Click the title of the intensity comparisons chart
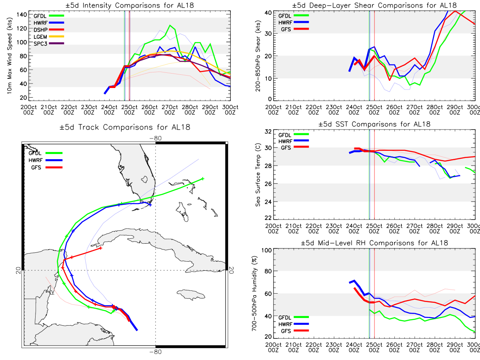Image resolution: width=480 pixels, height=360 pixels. [130, 5]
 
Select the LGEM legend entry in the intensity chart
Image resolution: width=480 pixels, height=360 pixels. [49, 37]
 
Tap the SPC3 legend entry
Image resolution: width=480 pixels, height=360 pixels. [49, 44]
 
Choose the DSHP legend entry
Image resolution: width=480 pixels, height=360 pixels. [49, 30]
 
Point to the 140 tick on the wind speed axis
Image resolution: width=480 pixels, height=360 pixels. [22, 15]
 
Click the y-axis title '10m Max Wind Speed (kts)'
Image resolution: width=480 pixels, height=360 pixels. [9, 56]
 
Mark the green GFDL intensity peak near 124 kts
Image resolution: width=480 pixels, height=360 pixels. [170, 25]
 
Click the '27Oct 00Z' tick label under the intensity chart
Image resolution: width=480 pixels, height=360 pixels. [170, 110]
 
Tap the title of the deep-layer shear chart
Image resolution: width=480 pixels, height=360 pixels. [374, 5]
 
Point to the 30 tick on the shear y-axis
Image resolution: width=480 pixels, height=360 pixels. [268, 34]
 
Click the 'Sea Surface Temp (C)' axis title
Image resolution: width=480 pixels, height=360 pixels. [258, 175]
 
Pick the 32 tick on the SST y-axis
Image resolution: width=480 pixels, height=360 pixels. [268, 132]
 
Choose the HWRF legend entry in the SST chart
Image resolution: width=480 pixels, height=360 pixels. [294, 141]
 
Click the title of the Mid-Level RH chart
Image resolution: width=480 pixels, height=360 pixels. [374, 243]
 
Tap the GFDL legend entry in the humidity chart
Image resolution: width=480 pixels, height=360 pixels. [294, 317]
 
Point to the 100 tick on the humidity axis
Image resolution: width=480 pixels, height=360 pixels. [266, 250]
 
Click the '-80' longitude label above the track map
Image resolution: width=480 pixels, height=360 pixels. [156, 138]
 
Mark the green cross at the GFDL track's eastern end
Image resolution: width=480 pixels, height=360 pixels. [203, 179]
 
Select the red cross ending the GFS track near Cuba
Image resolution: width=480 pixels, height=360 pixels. [100, 248]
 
